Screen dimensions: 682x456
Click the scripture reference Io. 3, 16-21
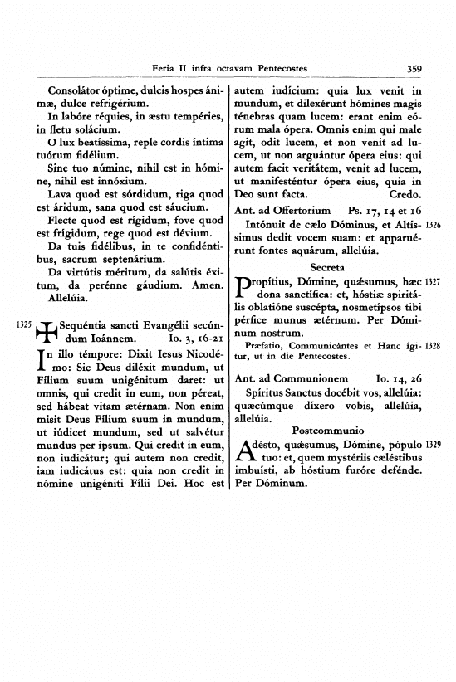pos(196,363)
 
